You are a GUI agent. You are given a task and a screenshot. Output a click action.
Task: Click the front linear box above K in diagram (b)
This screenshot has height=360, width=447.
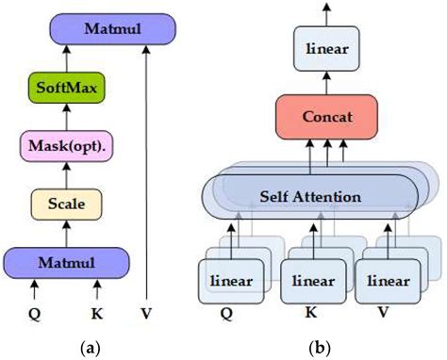coord(312,280)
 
